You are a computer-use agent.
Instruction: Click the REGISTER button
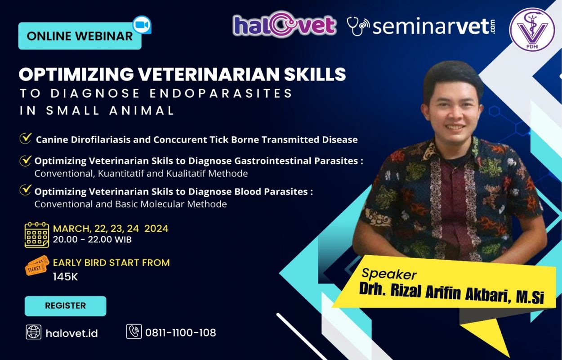[65, 306]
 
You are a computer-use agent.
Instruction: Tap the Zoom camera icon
[142, 25]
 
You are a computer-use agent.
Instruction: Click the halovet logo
[285, 25]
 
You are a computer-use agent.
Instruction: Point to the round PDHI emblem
[532, 30]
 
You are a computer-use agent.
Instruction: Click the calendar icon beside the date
[37, 235]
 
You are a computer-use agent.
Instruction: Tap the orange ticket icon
[37, 265]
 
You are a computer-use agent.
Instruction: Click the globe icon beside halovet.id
[34, 332]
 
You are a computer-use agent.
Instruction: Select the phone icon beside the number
[134, 331]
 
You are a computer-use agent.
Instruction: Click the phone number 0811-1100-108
[181, 333]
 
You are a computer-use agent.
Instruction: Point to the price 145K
[66, 277]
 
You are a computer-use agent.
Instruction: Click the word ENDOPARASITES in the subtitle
[221, 93]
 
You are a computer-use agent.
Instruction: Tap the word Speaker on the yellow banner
[389, 274]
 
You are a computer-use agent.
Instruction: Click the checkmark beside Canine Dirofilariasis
[25, 138]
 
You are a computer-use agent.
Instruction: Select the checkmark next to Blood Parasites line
[25, 190]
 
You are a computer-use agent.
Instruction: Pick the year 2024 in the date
[156, 229]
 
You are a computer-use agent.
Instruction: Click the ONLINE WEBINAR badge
[80, 36]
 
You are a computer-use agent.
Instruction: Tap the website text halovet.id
[72, 333]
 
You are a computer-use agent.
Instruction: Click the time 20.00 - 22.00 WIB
[92, 239]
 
